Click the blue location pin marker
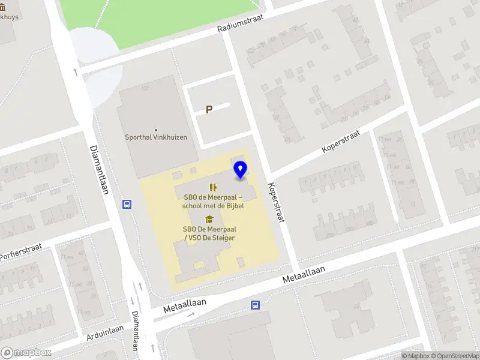241,170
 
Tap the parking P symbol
209,110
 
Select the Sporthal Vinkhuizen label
156,137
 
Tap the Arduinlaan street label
104,331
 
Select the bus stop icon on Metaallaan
255,305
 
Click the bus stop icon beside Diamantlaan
127,204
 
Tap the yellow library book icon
212,187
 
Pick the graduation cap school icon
209,219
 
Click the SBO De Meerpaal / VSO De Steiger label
209,233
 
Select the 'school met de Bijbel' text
209,206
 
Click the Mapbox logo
26,352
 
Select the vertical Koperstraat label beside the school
275,202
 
